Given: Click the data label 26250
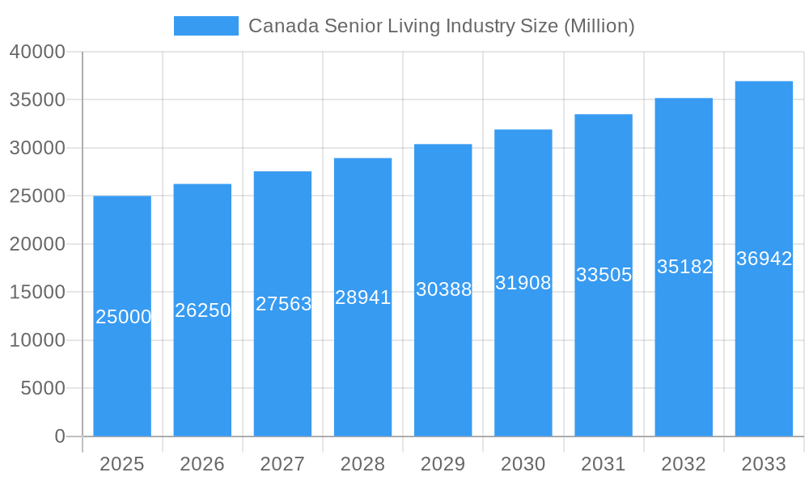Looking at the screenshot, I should [x=203, y=310].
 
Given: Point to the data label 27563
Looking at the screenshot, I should [x=283, y=304].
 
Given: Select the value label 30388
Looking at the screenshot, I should [x=443, y=289].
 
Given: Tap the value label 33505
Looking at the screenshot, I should [x=604, y=275].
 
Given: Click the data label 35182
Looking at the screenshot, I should [x=684, y=267].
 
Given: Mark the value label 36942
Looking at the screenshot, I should [x=764, y=259].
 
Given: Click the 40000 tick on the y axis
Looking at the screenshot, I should [x=37, y=52].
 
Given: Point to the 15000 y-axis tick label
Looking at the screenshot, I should [x=37, y=293].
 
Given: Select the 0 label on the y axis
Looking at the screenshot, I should [x=60, y=436].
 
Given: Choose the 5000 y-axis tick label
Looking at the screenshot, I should [x=42, y=389].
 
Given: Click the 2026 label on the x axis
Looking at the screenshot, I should [x=202, y=464].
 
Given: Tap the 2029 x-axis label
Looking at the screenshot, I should [x=443, y=464].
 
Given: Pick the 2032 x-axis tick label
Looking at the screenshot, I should [x=684, y=464].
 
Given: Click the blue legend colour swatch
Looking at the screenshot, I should [x=206, y=26].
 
